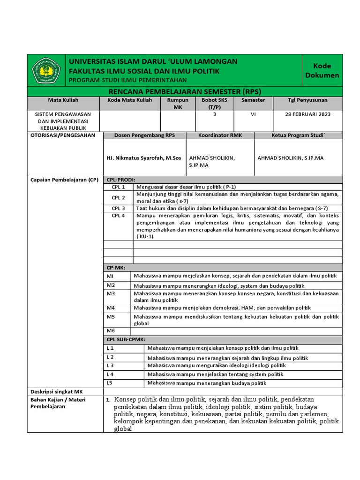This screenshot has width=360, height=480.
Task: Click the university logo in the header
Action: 46,71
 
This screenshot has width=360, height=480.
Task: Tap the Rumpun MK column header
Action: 178,104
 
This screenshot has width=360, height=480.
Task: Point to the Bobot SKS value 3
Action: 215,114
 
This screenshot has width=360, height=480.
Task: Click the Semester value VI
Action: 253,114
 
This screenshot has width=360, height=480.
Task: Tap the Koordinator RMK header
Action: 220,135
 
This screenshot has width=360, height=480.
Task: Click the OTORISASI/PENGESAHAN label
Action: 62,135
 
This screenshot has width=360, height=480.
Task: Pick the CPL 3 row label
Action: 118,208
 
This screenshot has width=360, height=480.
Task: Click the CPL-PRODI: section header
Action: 121,180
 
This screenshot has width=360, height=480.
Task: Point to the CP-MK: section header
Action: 116,268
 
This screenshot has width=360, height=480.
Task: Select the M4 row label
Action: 111,308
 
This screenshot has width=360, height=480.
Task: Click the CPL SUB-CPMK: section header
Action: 126,339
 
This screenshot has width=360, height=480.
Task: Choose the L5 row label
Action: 110,383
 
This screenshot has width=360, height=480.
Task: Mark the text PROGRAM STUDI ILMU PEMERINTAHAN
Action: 127,80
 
